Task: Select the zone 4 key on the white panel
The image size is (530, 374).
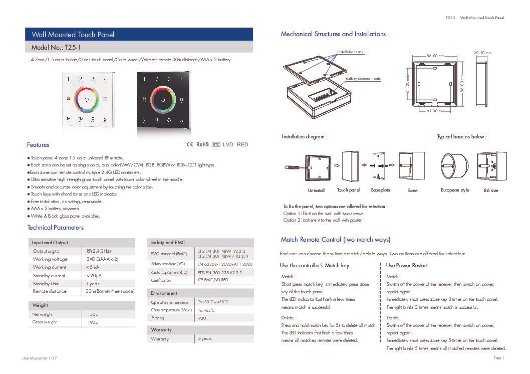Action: pos(105,79)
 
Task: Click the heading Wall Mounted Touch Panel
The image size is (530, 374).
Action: pos(73,35)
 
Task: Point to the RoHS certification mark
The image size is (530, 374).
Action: pos(202,144)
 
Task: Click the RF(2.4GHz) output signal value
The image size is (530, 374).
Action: pos(99,251)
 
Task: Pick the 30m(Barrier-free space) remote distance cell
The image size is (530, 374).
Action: pos(110,291)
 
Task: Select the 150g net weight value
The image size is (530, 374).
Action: pos(93,314)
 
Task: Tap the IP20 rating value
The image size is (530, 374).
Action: pos(202,318)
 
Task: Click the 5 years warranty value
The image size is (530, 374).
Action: pos(205,339)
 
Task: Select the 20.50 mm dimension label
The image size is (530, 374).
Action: pos(482,53)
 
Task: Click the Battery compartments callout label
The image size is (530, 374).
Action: pos(363,79)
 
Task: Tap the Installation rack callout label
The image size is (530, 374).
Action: pos(351,52)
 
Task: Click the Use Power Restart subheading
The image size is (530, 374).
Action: pos(407,265)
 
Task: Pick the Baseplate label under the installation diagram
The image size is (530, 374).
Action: pos(381,191)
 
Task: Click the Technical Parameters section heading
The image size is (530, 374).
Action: pos(55,228)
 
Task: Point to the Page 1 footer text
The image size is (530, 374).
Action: pos(498,358)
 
